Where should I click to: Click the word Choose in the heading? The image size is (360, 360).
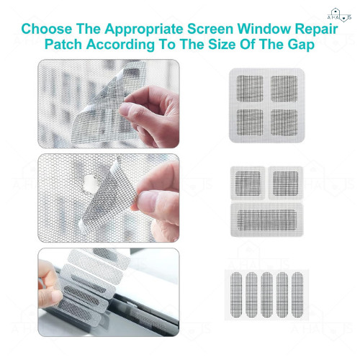click(x=47, y=29)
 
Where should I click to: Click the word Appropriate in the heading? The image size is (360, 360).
click(x=144, y=30)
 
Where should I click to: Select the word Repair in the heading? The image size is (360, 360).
click(x=316, y=30)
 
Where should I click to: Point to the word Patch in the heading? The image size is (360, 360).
click(x=63, y=45)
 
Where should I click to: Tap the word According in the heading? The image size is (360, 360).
click(x=120, y=45)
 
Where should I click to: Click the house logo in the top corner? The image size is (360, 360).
click(x=339, y=15)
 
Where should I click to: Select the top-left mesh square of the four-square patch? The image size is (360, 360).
click(x=250, y=89)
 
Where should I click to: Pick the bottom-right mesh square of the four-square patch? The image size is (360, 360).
click(x=284, y=122)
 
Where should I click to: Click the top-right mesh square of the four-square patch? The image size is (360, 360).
click(x=284, y=89)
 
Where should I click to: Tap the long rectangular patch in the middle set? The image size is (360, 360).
click(x=267, y=220)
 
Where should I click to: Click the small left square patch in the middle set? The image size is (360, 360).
click(x=248, y=183)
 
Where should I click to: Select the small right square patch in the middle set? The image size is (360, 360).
click(x=286, y=183)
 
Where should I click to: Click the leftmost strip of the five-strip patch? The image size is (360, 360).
click(x=236, y=294)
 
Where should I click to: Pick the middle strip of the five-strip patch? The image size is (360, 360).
click(x=267, y=294)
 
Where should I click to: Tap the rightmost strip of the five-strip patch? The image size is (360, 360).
click(x=297, y=294)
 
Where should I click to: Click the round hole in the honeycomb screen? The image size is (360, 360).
click(x=89, y=184)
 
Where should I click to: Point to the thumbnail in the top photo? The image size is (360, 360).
click(x=125, y=109)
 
